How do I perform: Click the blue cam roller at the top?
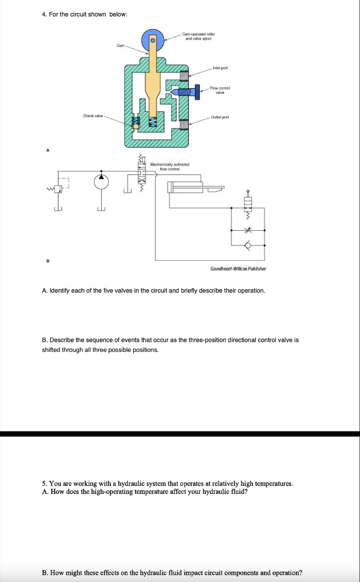[152, 39]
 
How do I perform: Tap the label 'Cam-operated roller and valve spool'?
[198, 37]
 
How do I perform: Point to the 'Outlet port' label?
[220, 118]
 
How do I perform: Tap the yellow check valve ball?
[135, 126]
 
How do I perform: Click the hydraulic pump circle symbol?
[101, 181]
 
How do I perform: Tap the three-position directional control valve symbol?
[142, 171]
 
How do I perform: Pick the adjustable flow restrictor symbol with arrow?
[247, 231]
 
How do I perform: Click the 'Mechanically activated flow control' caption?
[165, 167]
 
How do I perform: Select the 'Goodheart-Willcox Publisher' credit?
[238, 269]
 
